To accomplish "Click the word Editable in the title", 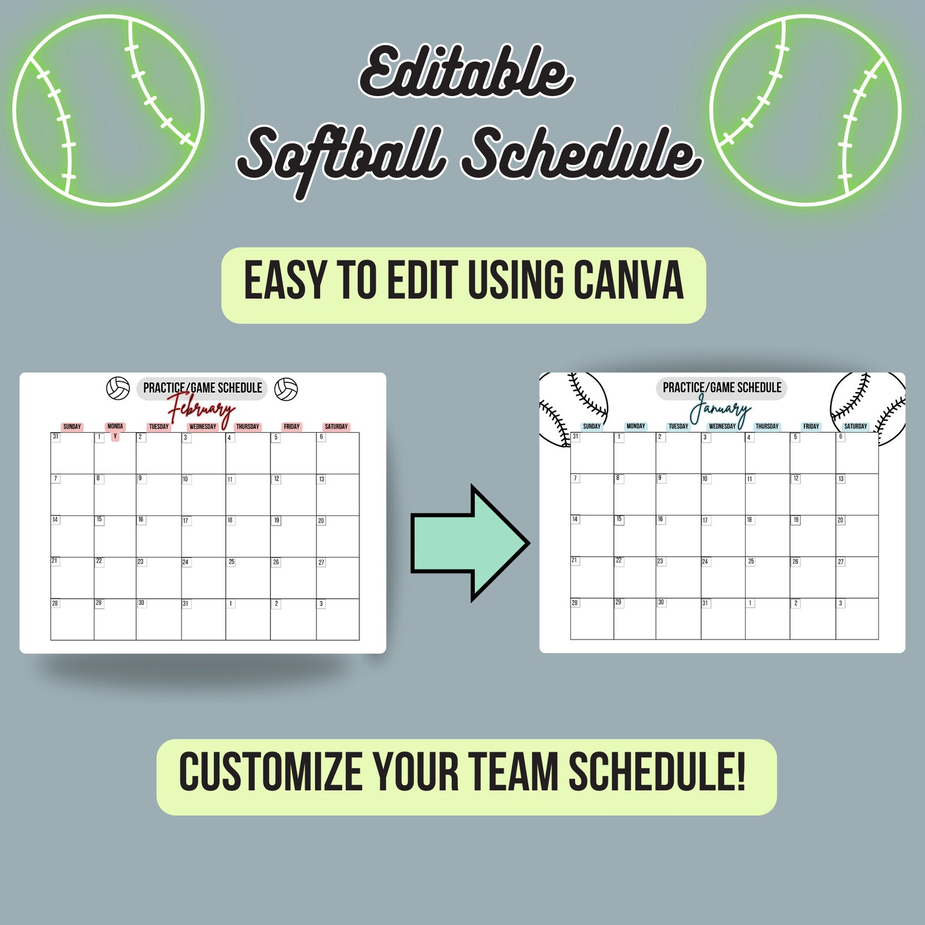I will coord(466,73).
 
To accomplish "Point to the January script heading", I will coord(720,409).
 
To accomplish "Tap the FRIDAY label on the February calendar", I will coord(292,426).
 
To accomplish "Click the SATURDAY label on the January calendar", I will coord(855,426).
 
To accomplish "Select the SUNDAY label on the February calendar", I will coord(72,426).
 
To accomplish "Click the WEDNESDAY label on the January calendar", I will coord(722,426).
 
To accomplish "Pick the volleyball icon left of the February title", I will coord(118,389).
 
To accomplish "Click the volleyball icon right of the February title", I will coord(286,389).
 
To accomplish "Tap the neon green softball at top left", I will coord(109,110).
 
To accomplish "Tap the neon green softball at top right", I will coord(805,110).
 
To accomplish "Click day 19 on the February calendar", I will coord(277,520).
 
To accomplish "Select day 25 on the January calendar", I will coord(751,562).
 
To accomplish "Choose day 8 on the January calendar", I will coord(617,478).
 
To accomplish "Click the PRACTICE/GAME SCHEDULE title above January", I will coord(722,388).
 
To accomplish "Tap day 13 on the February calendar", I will coord(322,479).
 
